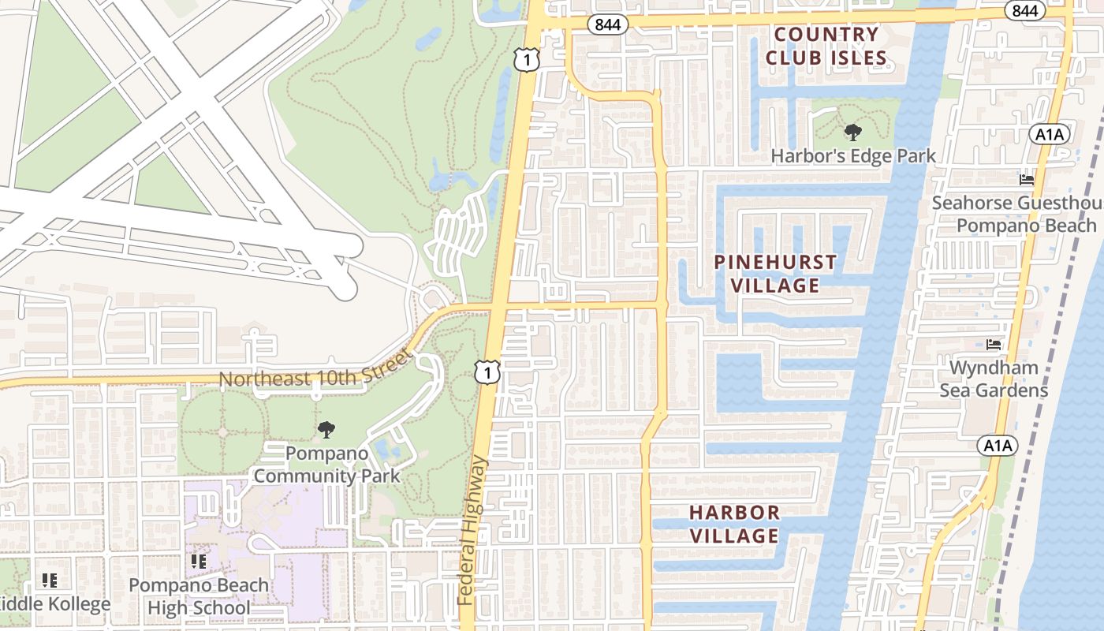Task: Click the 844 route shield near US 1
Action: coord(607,24)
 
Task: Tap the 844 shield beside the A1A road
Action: coord(1024,10)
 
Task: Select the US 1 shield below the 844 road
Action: coord(526,59)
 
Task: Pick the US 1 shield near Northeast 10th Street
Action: coord(487,372)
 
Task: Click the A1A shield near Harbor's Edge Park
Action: coord(1050,134)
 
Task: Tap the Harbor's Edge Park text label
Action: coord(853,155)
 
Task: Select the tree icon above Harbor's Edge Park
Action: coord(852,132)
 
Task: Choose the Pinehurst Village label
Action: coord(775,274)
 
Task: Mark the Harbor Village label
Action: coord(734,524)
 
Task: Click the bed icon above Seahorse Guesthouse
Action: coord(1027,180)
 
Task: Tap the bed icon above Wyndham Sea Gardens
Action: coord(994,345)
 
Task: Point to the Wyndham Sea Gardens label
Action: coord(994,379)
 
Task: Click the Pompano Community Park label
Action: coord(326,465)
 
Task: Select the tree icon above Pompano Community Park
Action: coord(326,430)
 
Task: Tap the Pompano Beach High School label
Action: coord(198,596)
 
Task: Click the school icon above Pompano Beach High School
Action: coord(198,562)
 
